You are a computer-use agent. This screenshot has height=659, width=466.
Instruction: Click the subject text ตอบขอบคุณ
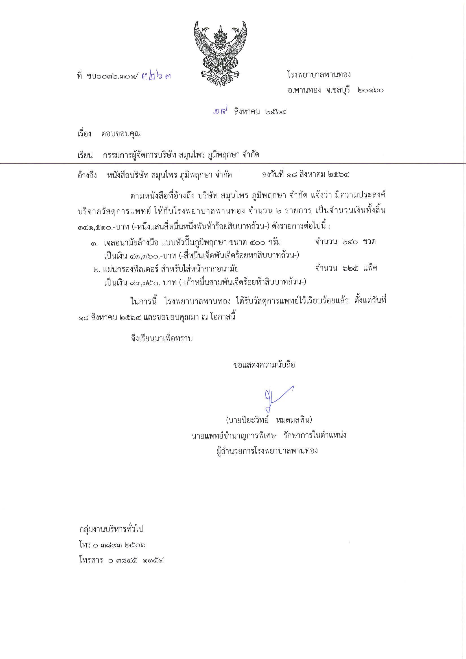[x=121, y=134]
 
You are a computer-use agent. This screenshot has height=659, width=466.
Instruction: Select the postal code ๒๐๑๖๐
[x=370, y=90]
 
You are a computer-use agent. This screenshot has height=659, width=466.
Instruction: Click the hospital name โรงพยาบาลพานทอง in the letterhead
[x=319, y=75]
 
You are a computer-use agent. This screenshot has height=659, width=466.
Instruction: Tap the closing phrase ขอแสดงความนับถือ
[x=264, y=365]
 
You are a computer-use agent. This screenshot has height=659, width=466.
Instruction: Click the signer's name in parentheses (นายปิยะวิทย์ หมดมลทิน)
[x=269, y=420]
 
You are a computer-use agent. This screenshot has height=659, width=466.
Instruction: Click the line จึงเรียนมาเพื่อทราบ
[x=161, y=338]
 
